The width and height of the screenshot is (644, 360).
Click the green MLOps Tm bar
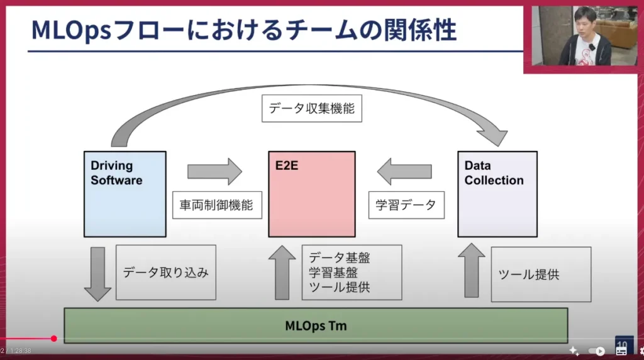click(x=316, y=325)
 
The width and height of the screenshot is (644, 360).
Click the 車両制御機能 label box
click(x=217, y=205)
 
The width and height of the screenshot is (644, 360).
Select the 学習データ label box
click(x=406, y=205)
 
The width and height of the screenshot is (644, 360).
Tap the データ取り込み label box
click(x=165, y=273)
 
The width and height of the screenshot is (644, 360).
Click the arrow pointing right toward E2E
click(x=214, y=171)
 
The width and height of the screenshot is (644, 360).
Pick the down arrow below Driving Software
click(x=97, y=273)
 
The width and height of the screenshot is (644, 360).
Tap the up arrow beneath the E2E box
click(x=282, y=272)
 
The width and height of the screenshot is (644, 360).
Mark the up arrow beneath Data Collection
click(x=472, y=271)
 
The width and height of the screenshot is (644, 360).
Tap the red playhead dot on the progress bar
click(x=54, y=339)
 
